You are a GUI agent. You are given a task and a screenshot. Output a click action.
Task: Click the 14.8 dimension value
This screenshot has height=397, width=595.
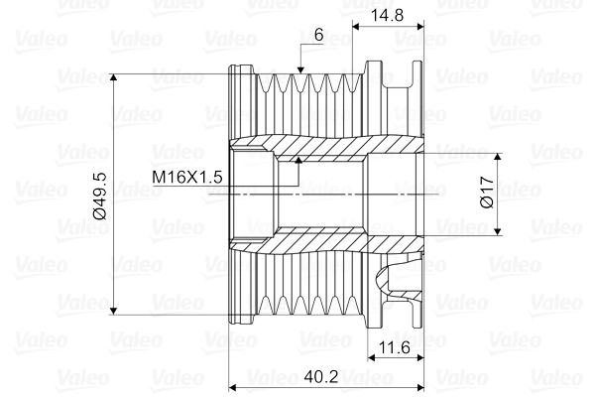click(x=388, y=17)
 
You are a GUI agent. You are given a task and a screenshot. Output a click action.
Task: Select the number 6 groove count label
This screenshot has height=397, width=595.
click(x=317, y=35)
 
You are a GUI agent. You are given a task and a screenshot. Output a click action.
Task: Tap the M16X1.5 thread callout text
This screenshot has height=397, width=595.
click(x=187, y=178)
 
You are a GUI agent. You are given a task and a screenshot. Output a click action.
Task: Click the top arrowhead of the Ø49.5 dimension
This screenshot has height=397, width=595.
click(x=116, y=78)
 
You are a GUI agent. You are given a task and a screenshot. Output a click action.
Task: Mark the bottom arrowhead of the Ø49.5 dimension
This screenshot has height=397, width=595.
click(x=116, y=309)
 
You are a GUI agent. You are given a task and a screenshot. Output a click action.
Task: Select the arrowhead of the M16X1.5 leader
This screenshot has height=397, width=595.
click(x=297, y=158)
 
